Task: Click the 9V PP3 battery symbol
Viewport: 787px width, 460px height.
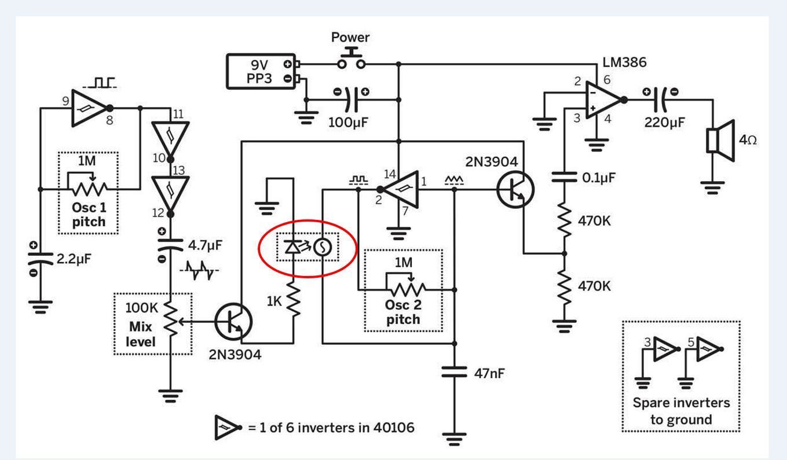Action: (260, 71)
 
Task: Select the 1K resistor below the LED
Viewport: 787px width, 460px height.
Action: (293, 301)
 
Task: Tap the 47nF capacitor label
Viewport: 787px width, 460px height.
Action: (489, 373)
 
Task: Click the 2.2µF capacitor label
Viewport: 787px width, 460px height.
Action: (74, 259)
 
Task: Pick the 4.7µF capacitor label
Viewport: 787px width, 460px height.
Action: (205, 245)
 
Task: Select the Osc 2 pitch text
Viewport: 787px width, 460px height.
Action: (403, 312)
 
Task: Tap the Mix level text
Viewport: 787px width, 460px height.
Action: (141, 334)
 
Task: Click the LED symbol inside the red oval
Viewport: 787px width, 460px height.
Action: (292, 248)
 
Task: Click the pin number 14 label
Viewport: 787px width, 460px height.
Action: (389, 173)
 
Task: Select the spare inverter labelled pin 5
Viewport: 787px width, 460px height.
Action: (708, 349)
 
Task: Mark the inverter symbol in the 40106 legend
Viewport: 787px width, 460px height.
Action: (227, 428)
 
